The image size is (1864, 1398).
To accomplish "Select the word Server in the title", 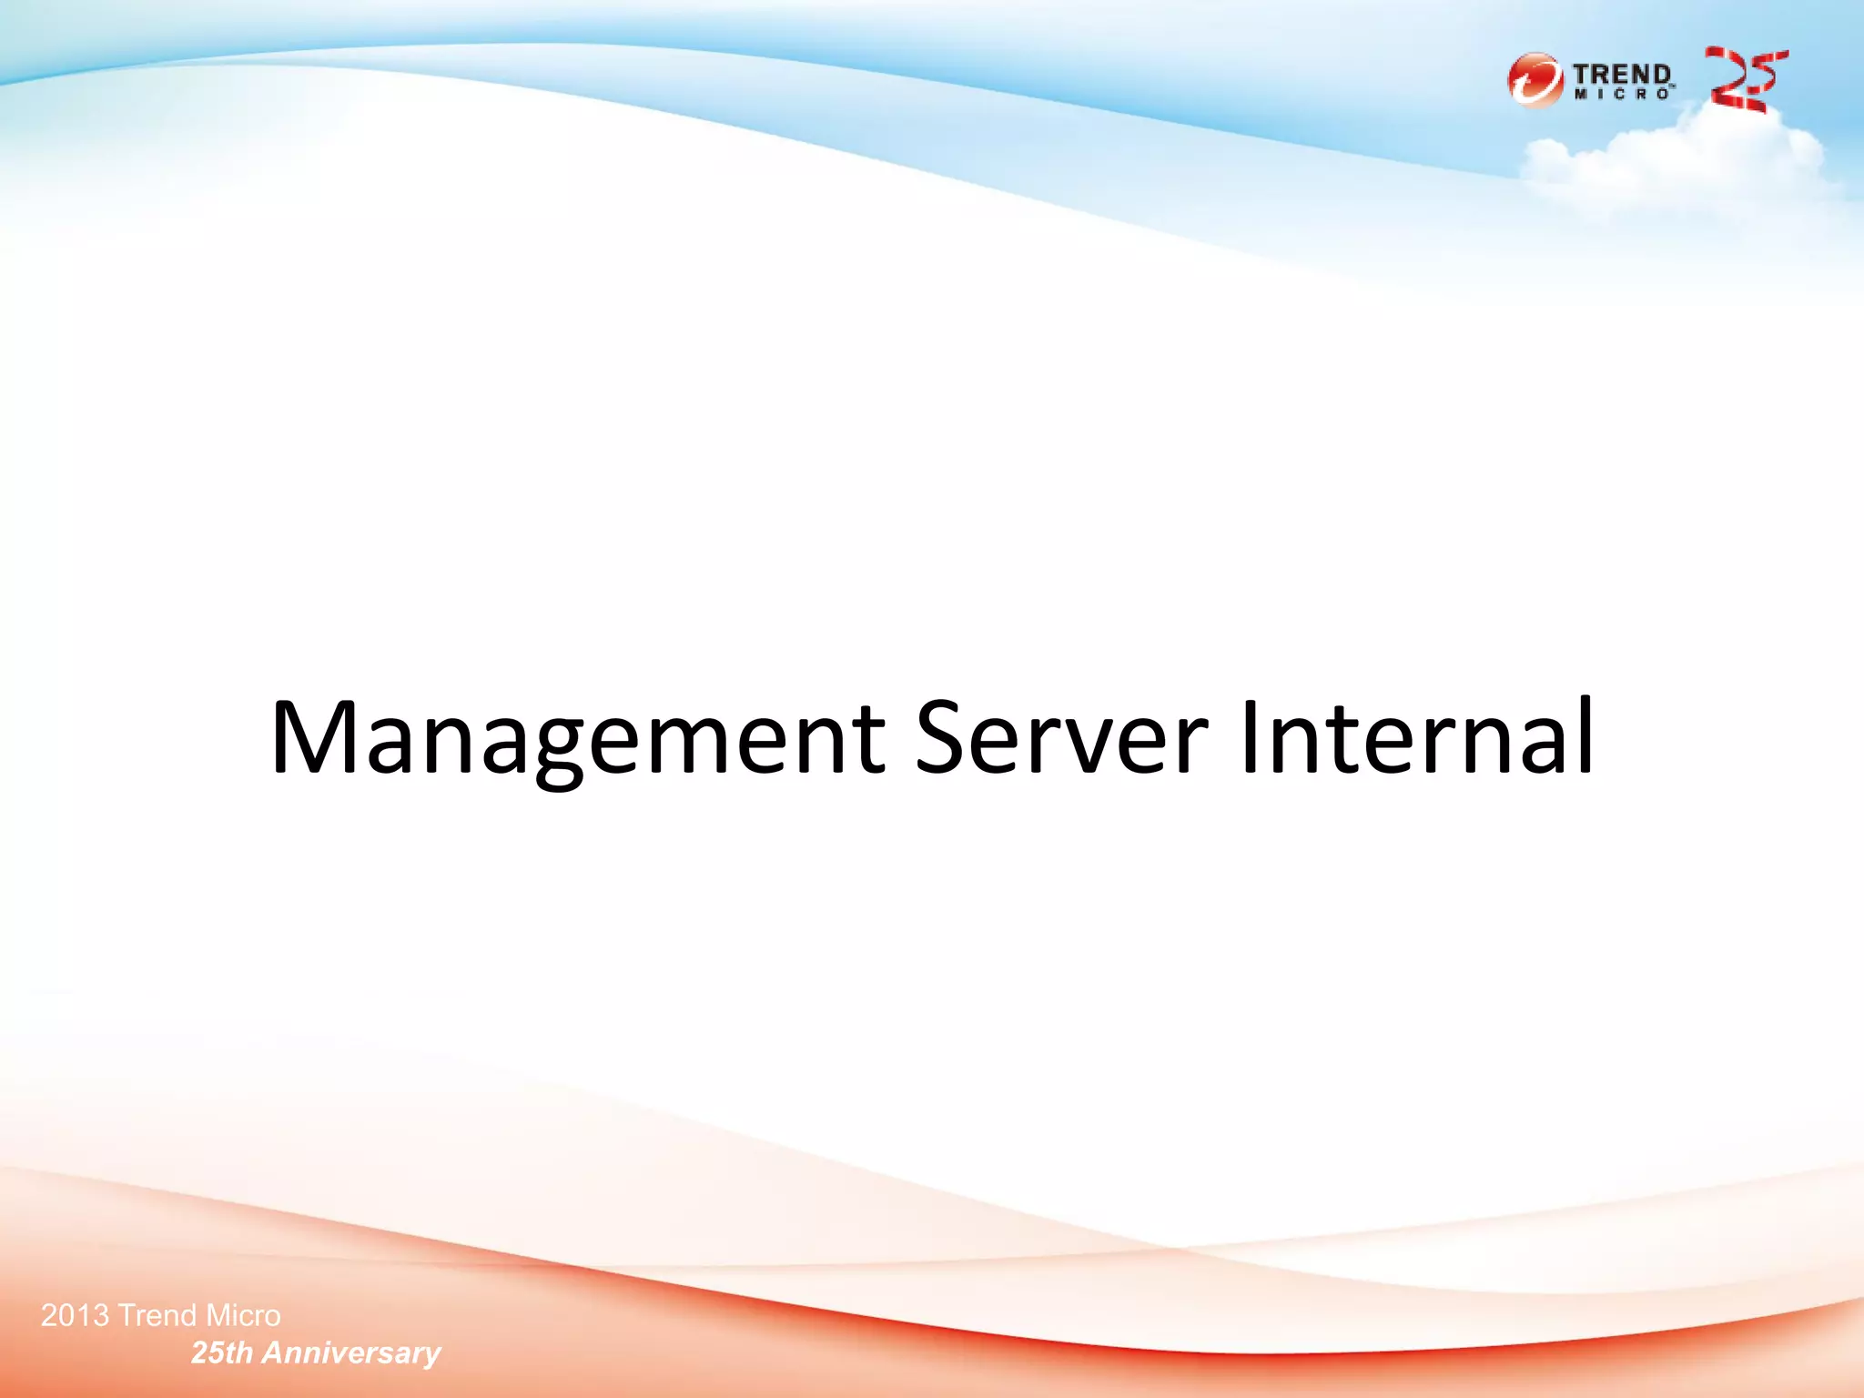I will [x=1061, y=737].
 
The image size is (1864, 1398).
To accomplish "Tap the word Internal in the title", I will [x=1416, y=737].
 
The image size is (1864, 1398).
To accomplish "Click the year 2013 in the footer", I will [x=75, y=1315].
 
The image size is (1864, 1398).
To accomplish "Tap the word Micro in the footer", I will [x=243, y=1315].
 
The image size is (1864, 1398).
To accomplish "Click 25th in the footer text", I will [x=221, y=1353].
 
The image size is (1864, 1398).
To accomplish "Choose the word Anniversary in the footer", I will [x=351, y=1354].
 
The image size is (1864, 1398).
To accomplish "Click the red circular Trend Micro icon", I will [x=1535, y=80].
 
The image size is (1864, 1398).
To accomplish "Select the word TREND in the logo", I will [x=1621, y=74].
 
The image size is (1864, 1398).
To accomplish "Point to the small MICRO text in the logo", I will [x=1623, y=94].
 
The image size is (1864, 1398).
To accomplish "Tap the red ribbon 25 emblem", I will [x=1745, y=80].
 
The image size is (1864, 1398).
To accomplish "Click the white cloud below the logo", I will [x=1675, y=164].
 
